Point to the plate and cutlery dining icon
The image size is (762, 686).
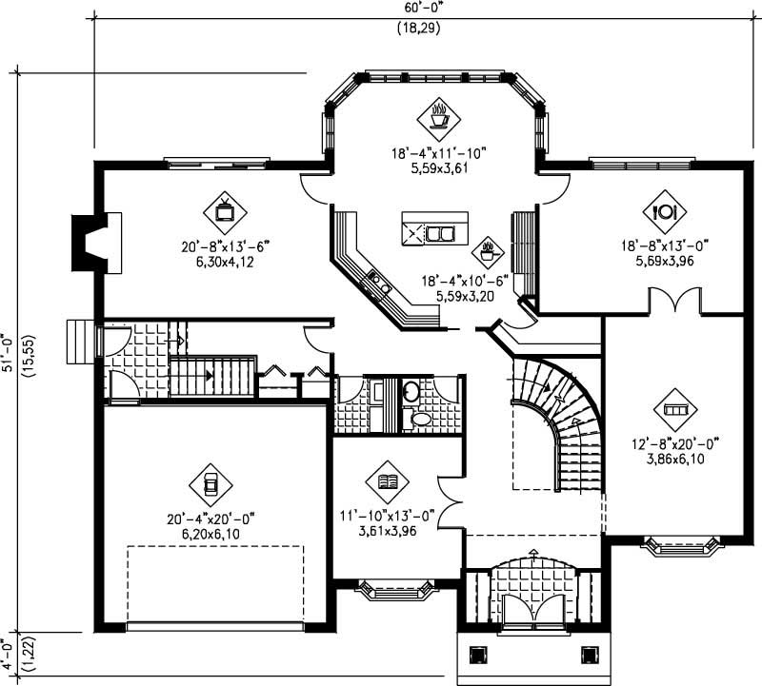(665, 209)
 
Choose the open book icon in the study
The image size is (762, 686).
(388, 482)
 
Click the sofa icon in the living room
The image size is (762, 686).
(674, 409)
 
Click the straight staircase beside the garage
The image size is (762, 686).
(212, 376)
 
